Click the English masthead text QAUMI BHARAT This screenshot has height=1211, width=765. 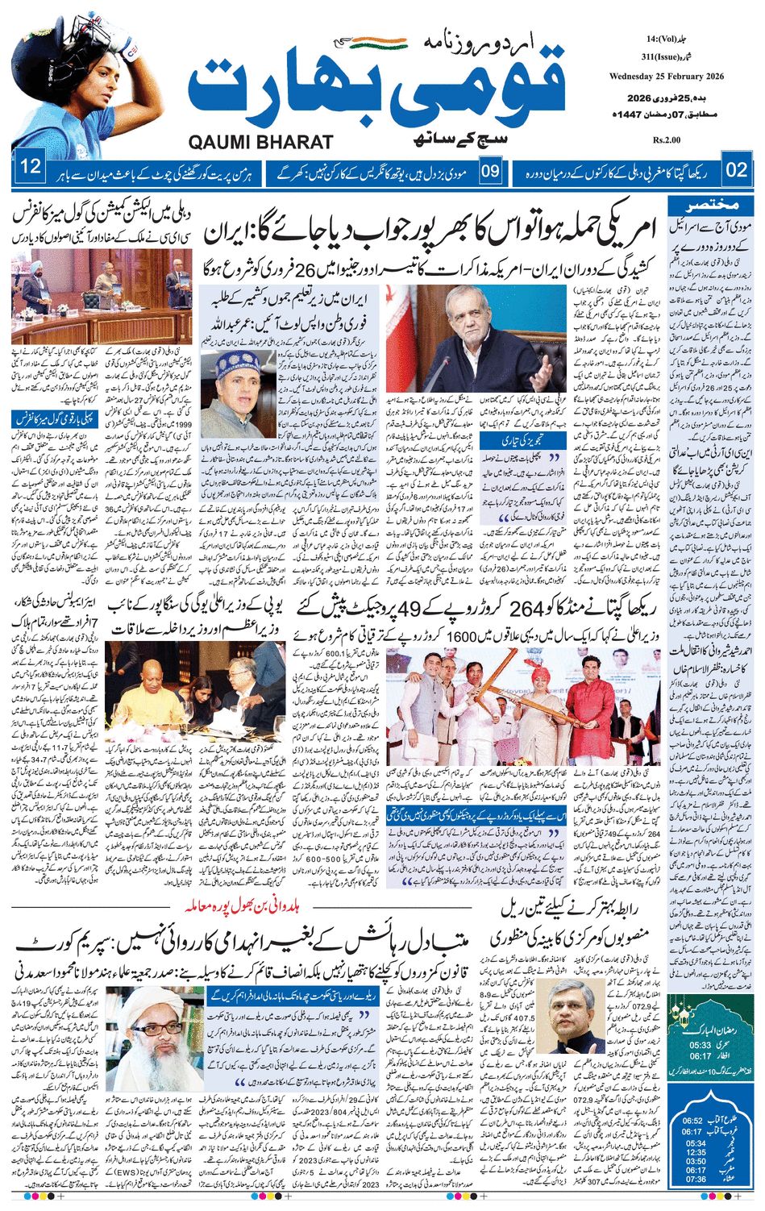260,143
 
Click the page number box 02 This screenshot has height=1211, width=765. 737,169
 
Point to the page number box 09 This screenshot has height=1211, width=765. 491,170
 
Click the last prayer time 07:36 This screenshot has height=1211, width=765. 695,1179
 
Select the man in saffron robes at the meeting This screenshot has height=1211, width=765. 148,695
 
